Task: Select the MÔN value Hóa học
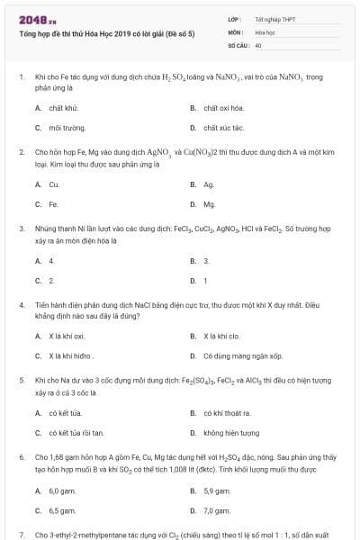click(265, 31)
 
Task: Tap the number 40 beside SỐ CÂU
click(258, 44)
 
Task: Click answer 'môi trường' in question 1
click(66, 128)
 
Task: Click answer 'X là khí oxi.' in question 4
click(67, 337)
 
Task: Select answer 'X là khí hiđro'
click(72, 356)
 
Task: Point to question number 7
click(21, 535)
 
